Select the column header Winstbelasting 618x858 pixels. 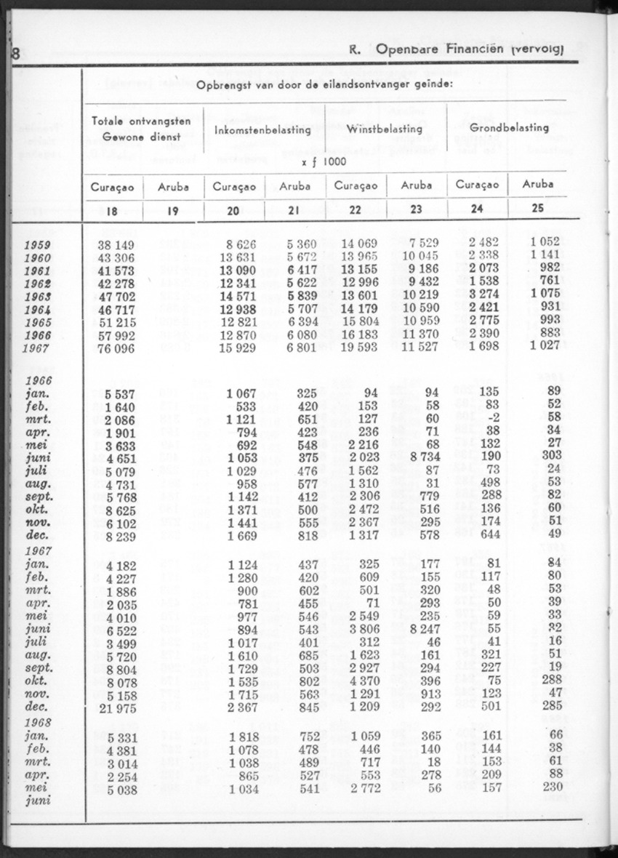coord(385,129)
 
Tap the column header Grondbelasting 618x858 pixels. coord(509,127)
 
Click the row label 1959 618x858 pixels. coord(37,244)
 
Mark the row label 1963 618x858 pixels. coord(37,296)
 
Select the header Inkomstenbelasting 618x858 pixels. coord(263,130)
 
